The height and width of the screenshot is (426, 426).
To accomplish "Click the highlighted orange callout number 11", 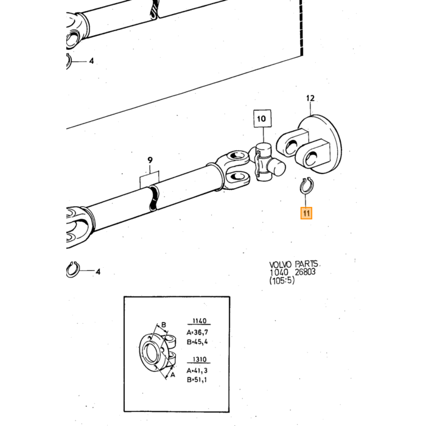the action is [306, 213].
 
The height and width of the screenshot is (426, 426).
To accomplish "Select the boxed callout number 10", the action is [262, 119].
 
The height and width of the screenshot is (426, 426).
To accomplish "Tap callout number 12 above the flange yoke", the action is [310, 98].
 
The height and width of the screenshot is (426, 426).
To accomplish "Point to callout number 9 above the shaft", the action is [150, 160].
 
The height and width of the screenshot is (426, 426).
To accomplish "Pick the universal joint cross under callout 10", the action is [268, 162].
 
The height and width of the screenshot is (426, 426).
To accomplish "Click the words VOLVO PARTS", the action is [294, 264].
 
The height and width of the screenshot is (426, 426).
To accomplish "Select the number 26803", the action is [305, 271].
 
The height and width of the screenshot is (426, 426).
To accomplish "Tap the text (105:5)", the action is [282, 280].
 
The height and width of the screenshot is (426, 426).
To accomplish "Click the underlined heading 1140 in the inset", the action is [199, 321].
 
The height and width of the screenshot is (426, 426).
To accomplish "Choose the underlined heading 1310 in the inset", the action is [199, 360].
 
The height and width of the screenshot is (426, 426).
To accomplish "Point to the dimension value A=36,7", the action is [197, 332].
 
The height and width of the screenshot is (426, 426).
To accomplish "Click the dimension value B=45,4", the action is [197, 342].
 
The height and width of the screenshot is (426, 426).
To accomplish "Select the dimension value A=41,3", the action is [197, 371].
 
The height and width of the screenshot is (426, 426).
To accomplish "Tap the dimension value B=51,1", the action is [197, 380].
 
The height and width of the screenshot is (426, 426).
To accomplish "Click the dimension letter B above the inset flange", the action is [164, 325].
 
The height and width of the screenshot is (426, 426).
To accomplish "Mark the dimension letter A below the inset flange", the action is [172, 375].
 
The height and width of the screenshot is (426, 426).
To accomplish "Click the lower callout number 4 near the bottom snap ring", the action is [98, 271].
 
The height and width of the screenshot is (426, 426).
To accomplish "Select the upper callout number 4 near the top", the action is [91, 61].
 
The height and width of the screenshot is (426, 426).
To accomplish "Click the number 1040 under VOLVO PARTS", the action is [279, 272].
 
